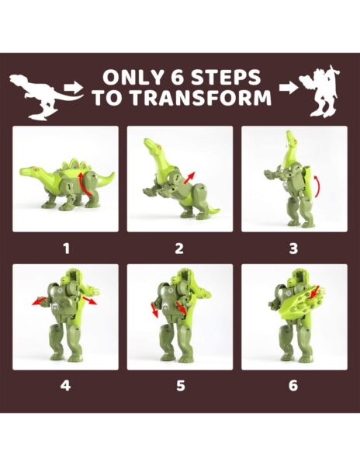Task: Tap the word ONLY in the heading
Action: (129, 78)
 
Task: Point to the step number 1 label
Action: (66, 249)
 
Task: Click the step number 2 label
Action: (179, 249)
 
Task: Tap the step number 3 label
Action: (293, 249)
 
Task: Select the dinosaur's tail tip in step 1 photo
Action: (112, 175)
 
